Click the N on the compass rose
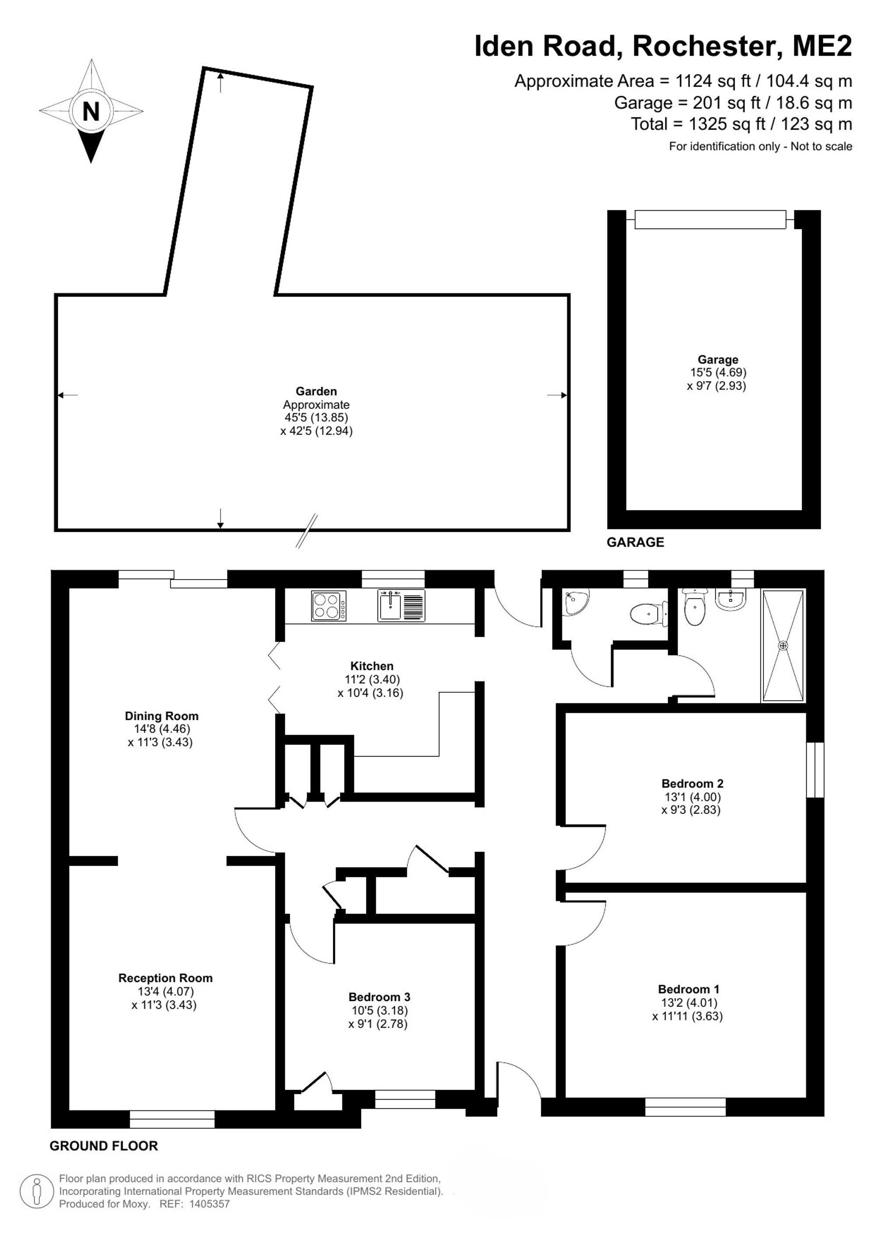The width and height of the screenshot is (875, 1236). pyautogui.click(x=91, y=111)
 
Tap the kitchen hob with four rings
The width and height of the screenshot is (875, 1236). pyautogui.click(x=329, y=606)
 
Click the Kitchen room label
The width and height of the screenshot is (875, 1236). pyautogui.click(x=372, y=666)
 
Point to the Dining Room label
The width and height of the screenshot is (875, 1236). pyautogui.click(x=161, y=716)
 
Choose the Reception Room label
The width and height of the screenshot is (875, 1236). pyautogui.click(x=165, y=978)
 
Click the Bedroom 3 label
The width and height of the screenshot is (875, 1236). pyautogui.click(x=379, y=997)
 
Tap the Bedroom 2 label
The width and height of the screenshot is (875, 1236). pyautogui.click(x=693, y=784)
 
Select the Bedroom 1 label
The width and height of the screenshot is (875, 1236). pyautogui.click(x=689, y=989)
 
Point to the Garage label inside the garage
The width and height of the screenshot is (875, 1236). pyautogui.click(x=717, y=360)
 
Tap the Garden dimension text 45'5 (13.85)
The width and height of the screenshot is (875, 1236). pyautogui.click(x=316, y=418)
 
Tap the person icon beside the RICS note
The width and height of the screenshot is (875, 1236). pyautogui.click(x=37, y=1191)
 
